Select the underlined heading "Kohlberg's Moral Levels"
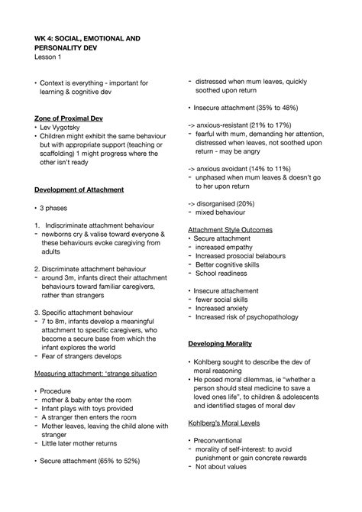click(x=228, y=422)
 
